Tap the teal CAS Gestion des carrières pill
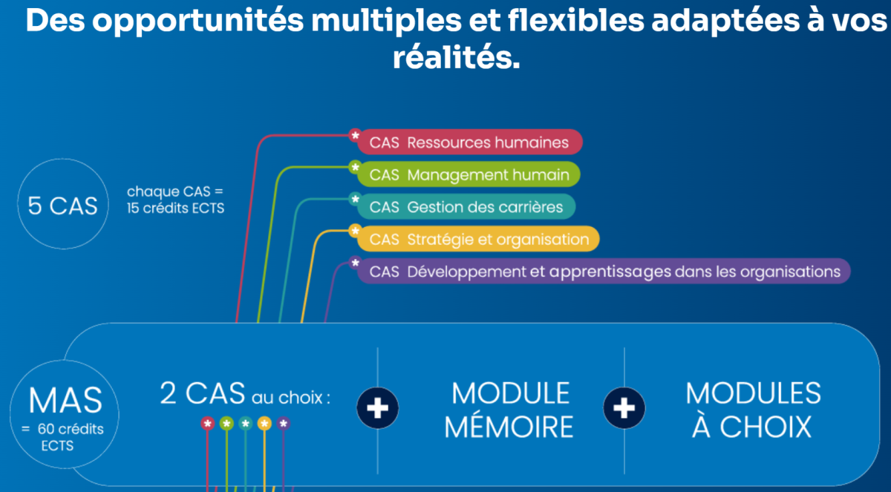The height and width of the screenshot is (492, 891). coord(466,206)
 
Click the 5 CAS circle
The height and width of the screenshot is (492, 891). coord(62,205)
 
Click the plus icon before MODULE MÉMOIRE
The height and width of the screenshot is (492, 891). coord(378,409)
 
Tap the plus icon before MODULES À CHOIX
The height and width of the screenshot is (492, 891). coord(624,407)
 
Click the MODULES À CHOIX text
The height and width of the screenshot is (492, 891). coord(752,410)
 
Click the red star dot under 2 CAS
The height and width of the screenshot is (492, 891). coord(208,424)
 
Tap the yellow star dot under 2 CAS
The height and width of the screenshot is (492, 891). coord(264,424)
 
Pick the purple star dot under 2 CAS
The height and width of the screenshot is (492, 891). coord(284,424)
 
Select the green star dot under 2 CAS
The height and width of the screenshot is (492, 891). coord(226,424)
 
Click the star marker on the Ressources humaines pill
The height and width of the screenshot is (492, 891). coord(355,135)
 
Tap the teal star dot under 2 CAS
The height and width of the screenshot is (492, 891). coord(245,424)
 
